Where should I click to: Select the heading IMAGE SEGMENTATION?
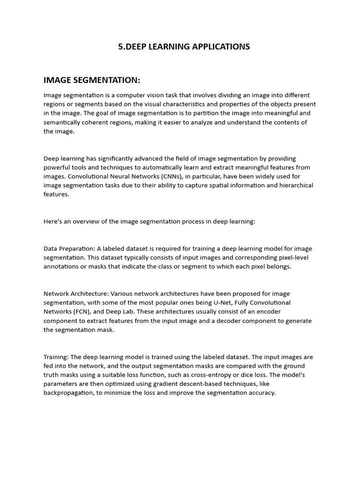pyautogui.click(x=92, y=80)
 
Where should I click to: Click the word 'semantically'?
pyautogui.click(x=62, y=122)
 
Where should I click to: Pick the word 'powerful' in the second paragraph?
pyautogui.click(x=57, y=167)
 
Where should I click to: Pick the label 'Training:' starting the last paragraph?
pyautogui.click(x=56, y=357)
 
